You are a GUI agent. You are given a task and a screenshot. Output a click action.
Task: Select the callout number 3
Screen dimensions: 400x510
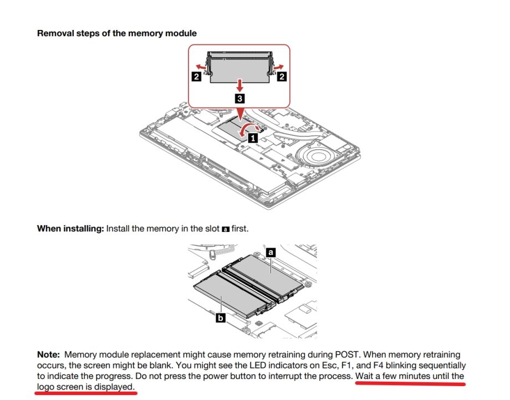coord(239,99)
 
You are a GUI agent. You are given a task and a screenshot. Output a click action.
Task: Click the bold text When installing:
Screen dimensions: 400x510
coord(70,228)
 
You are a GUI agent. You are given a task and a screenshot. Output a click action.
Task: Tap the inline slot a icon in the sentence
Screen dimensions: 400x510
coord(225,229)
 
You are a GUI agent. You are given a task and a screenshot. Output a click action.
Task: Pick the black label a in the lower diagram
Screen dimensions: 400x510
coord(271,252)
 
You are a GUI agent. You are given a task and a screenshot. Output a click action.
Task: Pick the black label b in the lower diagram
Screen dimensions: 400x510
coord(221,318)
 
